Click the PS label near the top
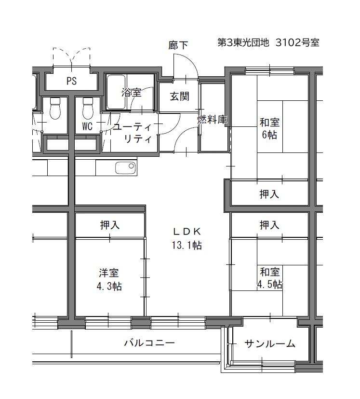[71, 81]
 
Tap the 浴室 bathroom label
[131, 92]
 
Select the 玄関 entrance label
[179, 96]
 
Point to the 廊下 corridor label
[178, 45]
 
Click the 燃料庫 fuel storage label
[212, 119]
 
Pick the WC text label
[87, 126]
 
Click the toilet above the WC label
[88, 109]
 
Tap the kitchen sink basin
[125, 168]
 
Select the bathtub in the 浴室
[116, 92]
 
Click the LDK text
[187, 232]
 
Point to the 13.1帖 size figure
[187, 245]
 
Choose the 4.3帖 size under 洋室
[109, 286]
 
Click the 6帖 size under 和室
[269, 135]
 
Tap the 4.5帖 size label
[269, 285]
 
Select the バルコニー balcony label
[149, 343]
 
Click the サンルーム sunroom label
[270, 344]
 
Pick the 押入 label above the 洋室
[110, 225]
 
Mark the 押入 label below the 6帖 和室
[269, 194]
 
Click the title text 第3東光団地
[243, 42]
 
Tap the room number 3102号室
[297, 42]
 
